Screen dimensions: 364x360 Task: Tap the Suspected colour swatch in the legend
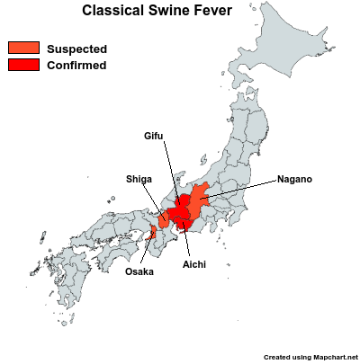tap(22, 49)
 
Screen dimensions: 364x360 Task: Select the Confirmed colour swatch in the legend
tap(22, 65)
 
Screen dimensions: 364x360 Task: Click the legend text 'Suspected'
tap(76, 49)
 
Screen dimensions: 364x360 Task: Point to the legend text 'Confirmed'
tap(76, 65)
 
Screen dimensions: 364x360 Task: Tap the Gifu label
tap(155, 136)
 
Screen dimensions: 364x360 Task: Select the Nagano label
tap(294, 179)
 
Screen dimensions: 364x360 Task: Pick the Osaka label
tap(139, 271)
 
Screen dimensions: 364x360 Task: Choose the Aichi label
tap(193, 265)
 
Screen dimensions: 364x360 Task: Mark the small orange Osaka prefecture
tap(152, 236)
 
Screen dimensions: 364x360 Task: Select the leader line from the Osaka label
tap(147, 253)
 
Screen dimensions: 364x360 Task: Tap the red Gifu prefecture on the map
tap(184, 201)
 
